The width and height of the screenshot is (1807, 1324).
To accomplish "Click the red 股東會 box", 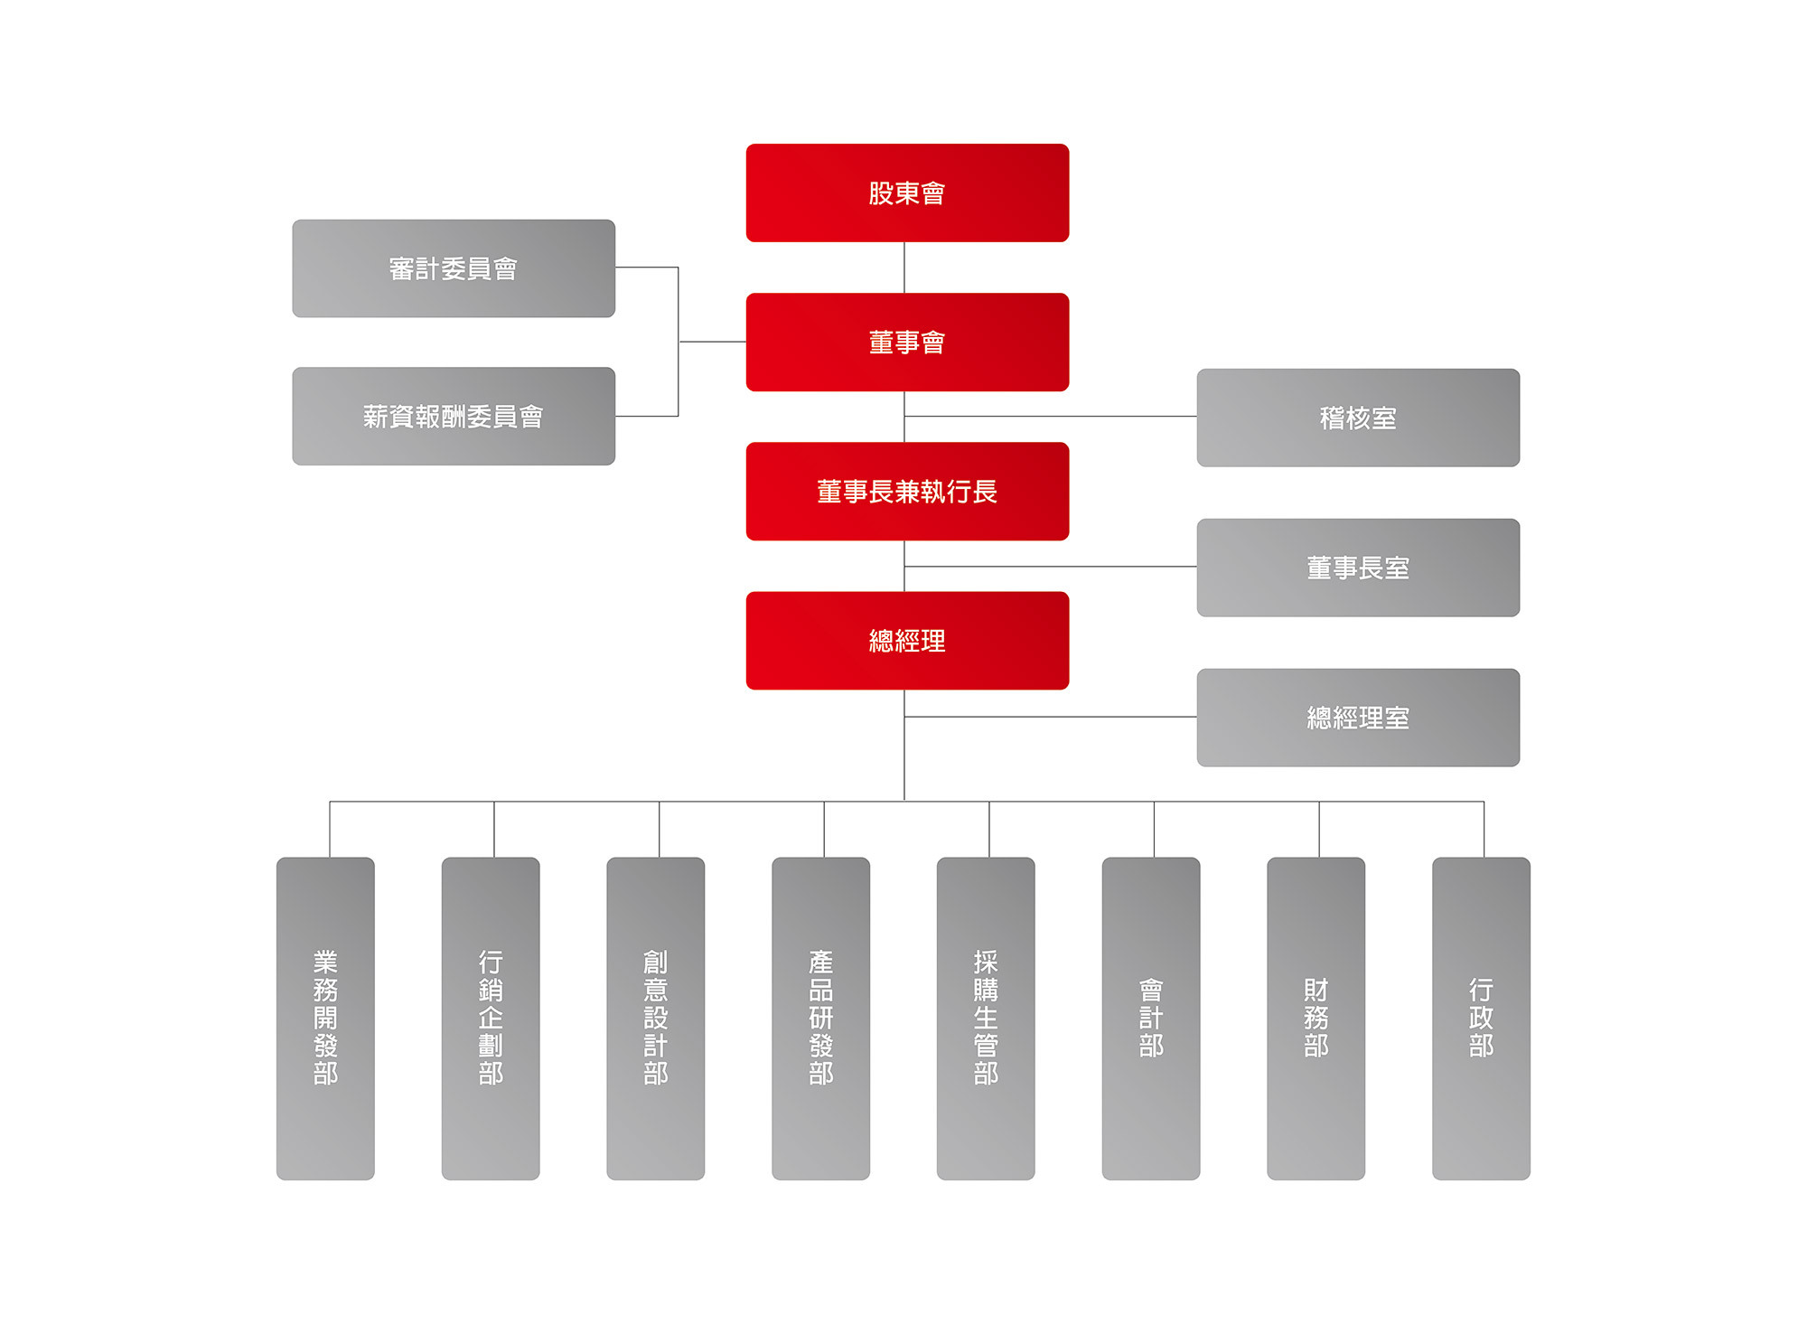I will [907, 192].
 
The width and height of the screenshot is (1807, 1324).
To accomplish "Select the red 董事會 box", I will [907, 342].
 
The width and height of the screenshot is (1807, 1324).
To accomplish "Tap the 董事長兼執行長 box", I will [907, 491].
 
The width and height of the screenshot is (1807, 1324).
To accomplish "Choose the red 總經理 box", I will [907, 641].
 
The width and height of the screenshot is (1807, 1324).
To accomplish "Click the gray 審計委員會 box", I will [454, 268].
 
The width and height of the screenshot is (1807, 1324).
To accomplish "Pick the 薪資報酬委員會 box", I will [454, 416].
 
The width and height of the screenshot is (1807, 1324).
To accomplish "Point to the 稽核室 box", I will [1358, 418].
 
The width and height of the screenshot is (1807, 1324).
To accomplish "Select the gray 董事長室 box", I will [1358, 568].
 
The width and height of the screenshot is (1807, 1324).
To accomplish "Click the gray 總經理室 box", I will [1358, 718].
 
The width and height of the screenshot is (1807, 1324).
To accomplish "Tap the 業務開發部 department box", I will [325, 1018].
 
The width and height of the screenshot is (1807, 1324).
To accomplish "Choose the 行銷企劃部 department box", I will [491, 1018].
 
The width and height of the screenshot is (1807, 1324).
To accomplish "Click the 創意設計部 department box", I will [656, 1018].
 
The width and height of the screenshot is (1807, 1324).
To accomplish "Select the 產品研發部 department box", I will [820, 1018].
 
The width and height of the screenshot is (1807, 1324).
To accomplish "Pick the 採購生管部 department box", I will [986, 1018].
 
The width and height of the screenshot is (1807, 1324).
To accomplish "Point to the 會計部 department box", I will [1151, 1018].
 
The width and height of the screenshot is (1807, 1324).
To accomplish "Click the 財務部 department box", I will [1315, 1018].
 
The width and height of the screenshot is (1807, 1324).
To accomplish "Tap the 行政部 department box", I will [1481, 1018].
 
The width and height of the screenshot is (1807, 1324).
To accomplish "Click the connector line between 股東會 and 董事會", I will [904, 268].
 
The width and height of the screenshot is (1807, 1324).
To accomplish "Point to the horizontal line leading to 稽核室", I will [1048, 417].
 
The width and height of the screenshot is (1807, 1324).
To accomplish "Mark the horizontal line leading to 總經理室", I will [1048, 717].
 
